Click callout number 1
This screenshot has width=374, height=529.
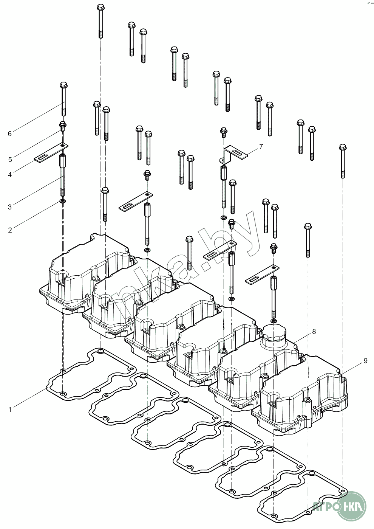10,409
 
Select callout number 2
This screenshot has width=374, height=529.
10,230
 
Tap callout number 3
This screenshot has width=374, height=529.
10,207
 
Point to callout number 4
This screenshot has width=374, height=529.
10,174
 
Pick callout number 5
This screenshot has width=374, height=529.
10,160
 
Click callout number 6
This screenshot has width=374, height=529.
10,133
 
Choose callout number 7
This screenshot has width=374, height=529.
261,146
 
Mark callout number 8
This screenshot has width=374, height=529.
314,332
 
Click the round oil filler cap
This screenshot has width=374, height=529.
274,333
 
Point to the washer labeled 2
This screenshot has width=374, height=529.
63,200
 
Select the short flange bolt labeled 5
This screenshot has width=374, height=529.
63,126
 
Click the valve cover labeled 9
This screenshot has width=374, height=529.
302,401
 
